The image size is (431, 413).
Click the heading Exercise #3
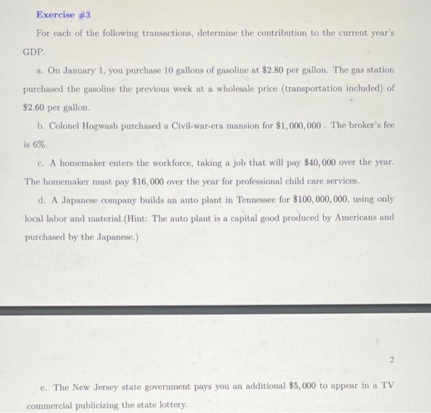63,14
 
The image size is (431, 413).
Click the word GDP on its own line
34,52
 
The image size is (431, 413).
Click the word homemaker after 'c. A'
81,163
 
